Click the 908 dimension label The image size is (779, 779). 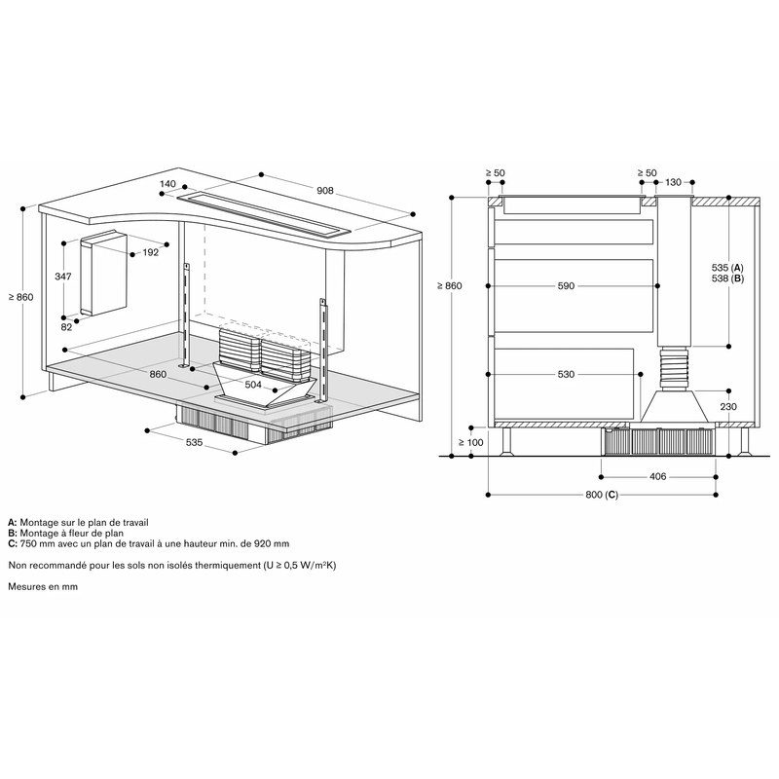(x=325, y=190)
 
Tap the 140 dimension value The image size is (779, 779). (x=167, y=184)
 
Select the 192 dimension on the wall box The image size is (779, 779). (x=151, y=252)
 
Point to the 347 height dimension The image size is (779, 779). (x=63, y=277)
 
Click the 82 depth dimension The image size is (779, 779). (x=66, y=327)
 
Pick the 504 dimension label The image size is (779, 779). (x=253, y=385)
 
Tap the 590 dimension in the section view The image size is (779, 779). (x=566, y=286)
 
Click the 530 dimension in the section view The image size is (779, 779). (x=566, y=374)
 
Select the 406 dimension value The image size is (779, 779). (x=658, y=477)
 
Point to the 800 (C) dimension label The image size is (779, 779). (x=602, y=495)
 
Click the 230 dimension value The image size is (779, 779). (x=728, y=407)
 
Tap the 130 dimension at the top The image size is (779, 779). (x=673, y=182)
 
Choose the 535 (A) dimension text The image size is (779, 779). (x=727, y=268)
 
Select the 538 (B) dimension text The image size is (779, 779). (x=727, y=278)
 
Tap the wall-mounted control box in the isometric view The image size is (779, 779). (x=104, y=273)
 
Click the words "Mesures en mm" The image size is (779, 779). (x=43, y=587)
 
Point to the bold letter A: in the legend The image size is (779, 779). (x=13, y=523)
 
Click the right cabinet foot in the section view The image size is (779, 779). (x=744, y=441)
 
